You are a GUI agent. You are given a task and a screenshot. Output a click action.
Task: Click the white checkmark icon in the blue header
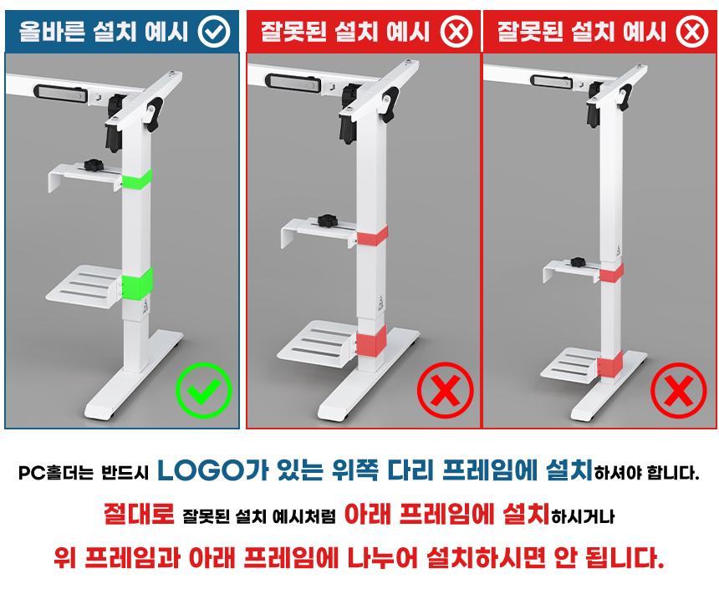(x=214, y=32)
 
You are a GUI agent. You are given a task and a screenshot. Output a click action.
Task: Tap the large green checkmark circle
(x=204, y=390)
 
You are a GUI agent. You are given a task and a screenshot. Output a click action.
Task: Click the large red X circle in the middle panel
(x=445, y=390)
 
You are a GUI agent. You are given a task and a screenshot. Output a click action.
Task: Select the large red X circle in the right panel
(x=679, y=390)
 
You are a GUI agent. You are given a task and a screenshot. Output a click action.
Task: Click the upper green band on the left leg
(x=136, y=179)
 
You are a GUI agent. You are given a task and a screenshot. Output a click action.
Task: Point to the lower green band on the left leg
(x=136, y=284)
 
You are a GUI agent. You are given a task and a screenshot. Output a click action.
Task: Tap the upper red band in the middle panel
(x=372, y=236)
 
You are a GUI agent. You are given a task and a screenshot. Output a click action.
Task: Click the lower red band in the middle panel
(x=371, y=341)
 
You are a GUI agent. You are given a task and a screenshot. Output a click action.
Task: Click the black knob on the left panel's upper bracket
(x=94, y=164)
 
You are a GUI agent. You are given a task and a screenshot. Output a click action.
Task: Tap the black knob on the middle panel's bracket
(x=327, y=221)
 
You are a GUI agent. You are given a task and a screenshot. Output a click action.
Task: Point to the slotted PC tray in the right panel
(x=570, y=365)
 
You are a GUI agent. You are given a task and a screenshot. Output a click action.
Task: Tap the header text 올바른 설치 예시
(x=103, y=32)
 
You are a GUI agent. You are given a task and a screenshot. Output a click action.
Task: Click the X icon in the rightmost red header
(x=692, y=32)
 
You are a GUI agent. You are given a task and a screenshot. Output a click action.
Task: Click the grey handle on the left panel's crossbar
(x=60, y=93)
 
